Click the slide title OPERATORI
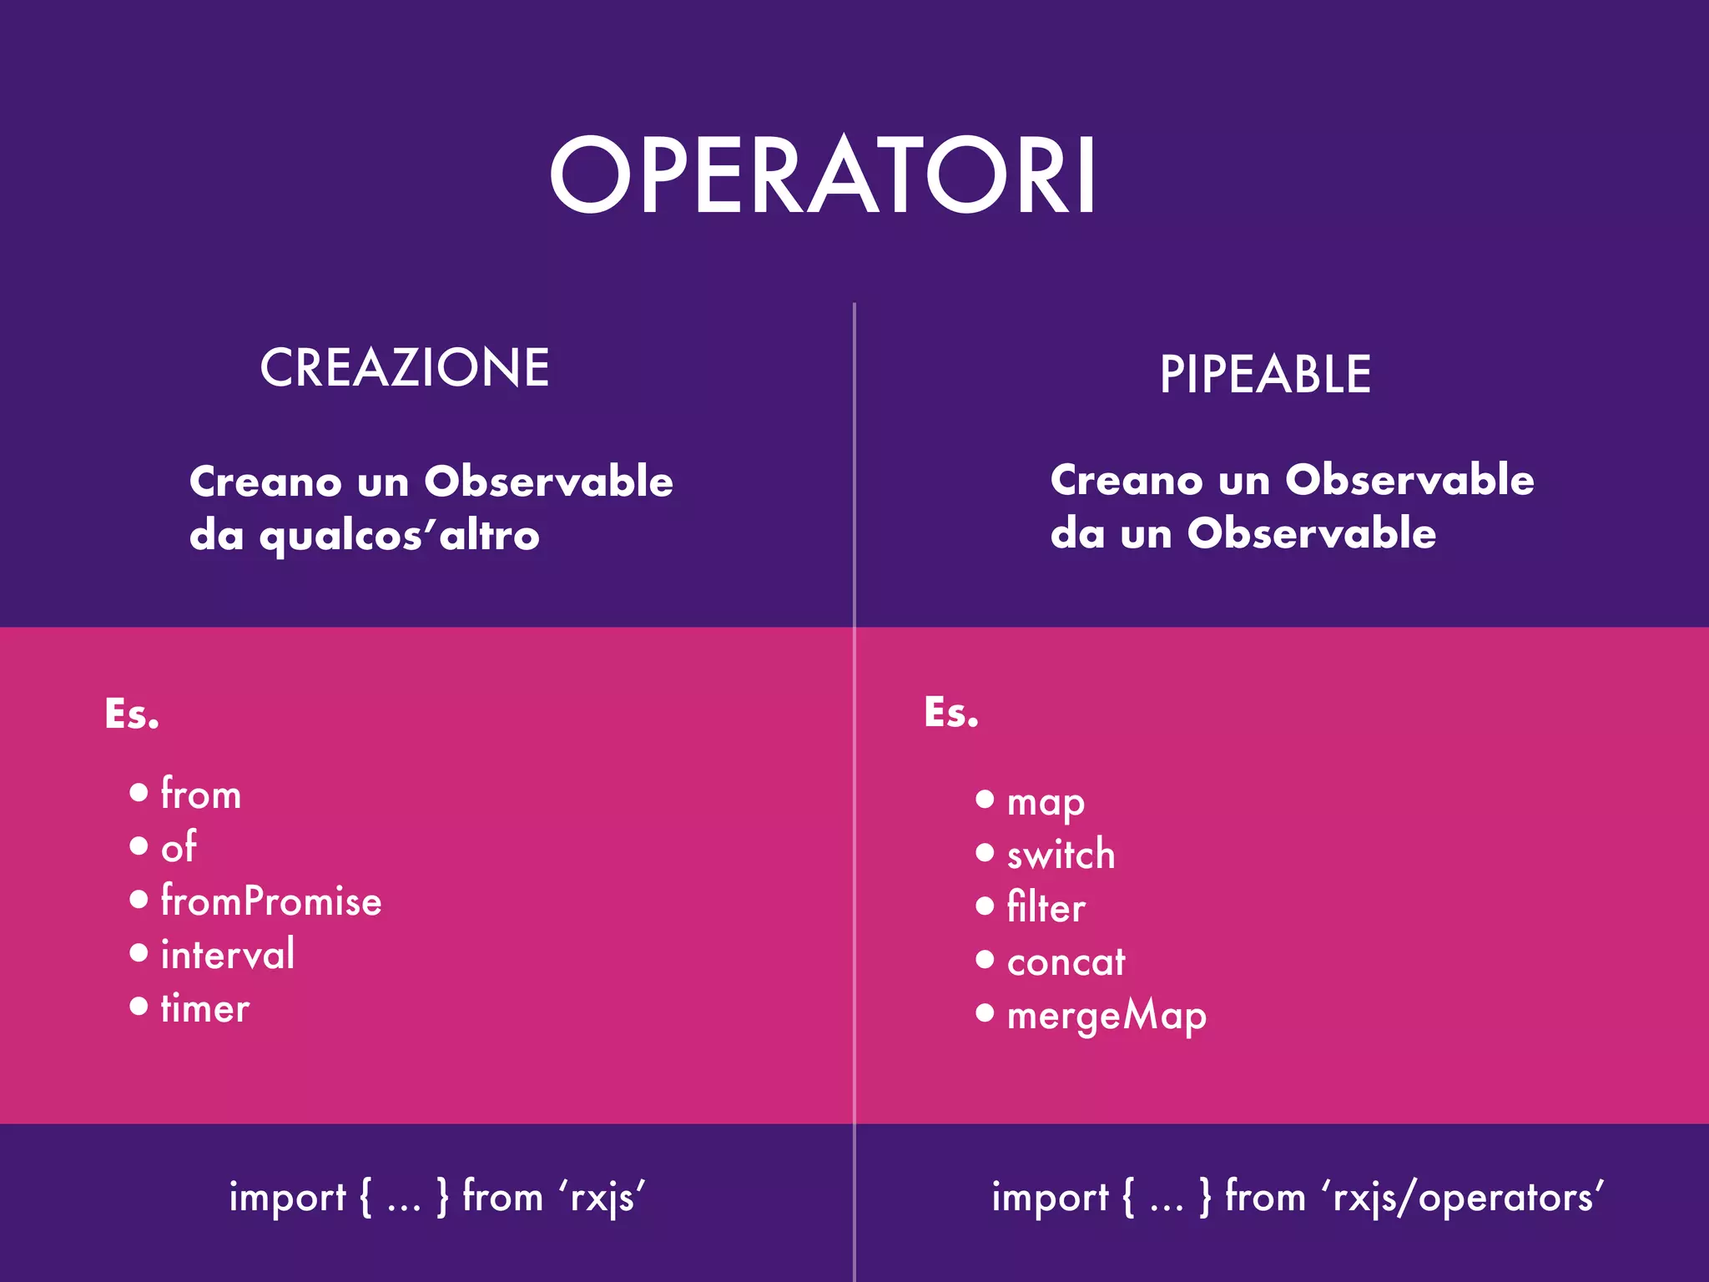point(822,177)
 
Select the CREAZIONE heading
point(405,368)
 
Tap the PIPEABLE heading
point(1265,375)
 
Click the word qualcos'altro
point(399,536)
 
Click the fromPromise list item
point(271,901)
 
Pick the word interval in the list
point(227,955)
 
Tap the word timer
point(205,1008)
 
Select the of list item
point(179,847)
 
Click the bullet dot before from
point(139,792)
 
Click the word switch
point(1061,855)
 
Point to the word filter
point(1046,908)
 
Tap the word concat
point(1066,962)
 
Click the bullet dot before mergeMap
point(985,1013)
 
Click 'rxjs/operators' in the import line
point(1462,1198)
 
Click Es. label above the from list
point(132,714)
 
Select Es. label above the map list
point(951,713)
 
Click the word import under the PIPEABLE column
point(1050,1198)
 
